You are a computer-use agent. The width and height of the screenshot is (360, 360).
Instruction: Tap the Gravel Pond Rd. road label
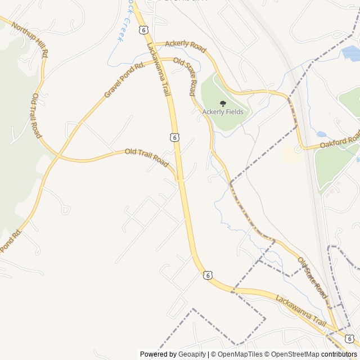124,80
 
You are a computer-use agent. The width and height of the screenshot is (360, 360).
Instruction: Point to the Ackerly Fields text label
223,112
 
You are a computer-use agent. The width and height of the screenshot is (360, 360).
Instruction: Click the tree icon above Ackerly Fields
223,103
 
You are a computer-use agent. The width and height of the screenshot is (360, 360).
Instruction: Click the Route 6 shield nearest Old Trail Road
175,137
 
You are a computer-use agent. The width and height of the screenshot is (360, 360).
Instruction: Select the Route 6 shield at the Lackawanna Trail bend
208,275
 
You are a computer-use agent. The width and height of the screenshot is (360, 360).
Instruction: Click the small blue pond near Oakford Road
321,134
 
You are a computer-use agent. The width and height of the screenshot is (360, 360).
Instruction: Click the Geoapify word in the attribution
192,354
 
